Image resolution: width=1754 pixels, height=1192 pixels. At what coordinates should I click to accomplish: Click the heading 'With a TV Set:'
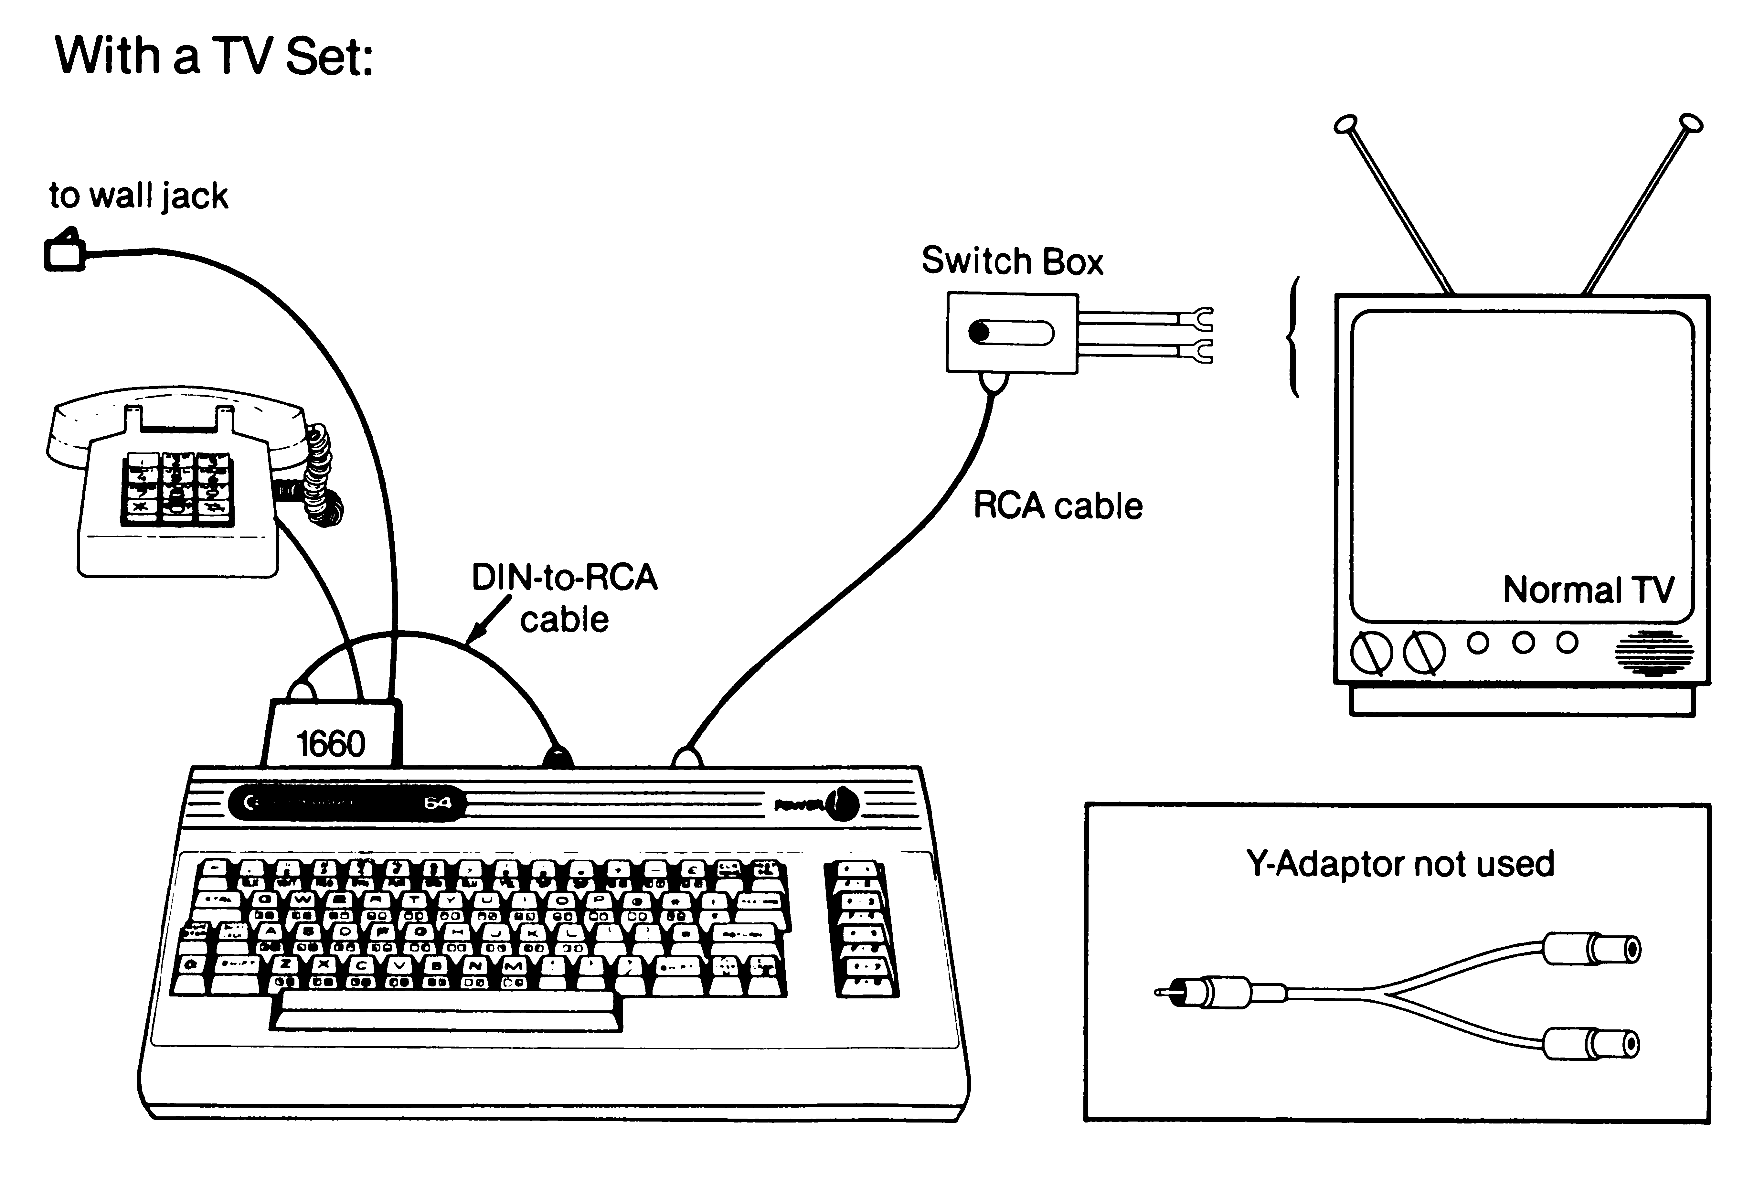tap(214, 57)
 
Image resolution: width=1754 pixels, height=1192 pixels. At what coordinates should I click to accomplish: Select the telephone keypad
tap(177, 488)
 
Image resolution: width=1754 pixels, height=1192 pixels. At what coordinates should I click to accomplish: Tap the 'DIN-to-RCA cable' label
tap(565, 598)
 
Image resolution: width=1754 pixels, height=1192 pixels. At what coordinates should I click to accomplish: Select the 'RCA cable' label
tap(1058, 506)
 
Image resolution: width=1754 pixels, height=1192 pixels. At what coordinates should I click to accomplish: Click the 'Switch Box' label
tap(1012, 261)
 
